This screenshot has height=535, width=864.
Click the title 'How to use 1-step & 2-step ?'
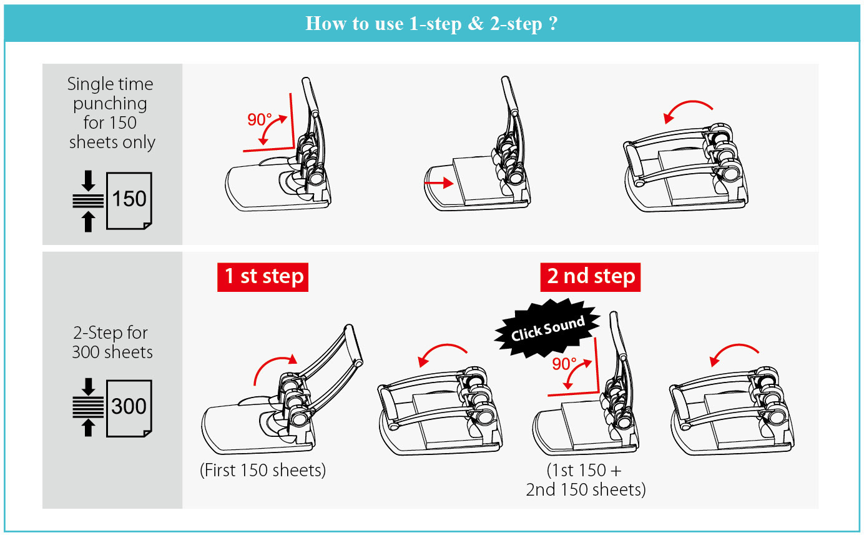(431, 24)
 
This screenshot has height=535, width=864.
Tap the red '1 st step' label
(263, 277)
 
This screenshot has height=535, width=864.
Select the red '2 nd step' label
(591, 277)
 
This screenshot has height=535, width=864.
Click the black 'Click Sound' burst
(547, 327)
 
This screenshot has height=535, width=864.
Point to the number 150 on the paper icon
(129, 199)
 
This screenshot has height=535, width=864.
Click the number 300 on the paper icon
(129, 406)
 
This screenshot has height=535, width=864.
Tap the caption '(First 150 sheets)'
(263, 470)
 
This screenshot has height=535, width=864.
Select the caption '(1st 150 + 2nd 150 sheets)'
(586, 480)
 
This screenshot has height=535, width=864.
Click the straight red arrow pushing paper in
(439, 182)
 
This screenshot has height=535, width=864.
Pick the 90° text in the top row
(259, 119)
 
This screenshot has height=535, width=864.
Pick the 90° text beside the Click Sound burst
(564, 364)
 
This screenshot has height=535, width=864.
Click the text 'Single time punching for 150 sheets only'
(111, 112)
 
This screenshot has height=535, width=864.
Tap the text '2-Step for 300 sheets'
(112, 342)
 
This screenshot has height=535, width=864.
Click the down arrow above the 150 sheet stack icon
(88, 181)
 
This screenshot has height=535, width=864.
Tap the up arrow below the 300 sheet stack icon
(88, 427)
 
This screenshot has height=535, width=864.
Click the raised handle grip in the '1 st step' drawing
(353, 344)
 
